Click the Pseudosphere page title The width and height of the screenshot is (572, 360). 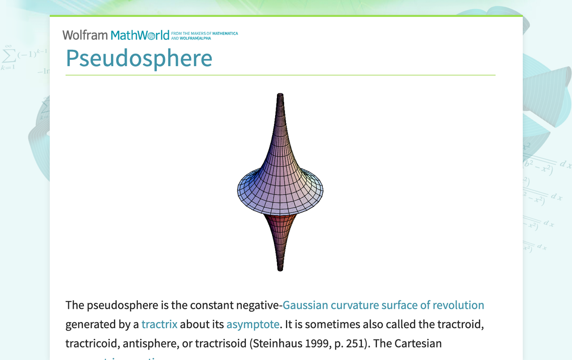(x=139, y=58)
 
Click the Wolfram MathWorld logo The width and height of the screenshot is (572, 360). (x=116, y=35)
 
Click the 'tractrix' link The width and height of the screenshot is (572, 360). (x=159, y=324)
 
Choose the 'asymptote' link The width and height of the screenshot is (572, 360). (x=253, y=324)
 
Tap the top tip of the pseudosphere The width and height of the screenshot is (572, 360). (x=280, y=94)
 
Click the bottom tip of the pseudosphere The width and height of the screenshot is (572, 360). (x=280, y=269)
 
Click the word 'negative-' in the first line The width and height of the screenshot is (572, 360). (x=261, y=305)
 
